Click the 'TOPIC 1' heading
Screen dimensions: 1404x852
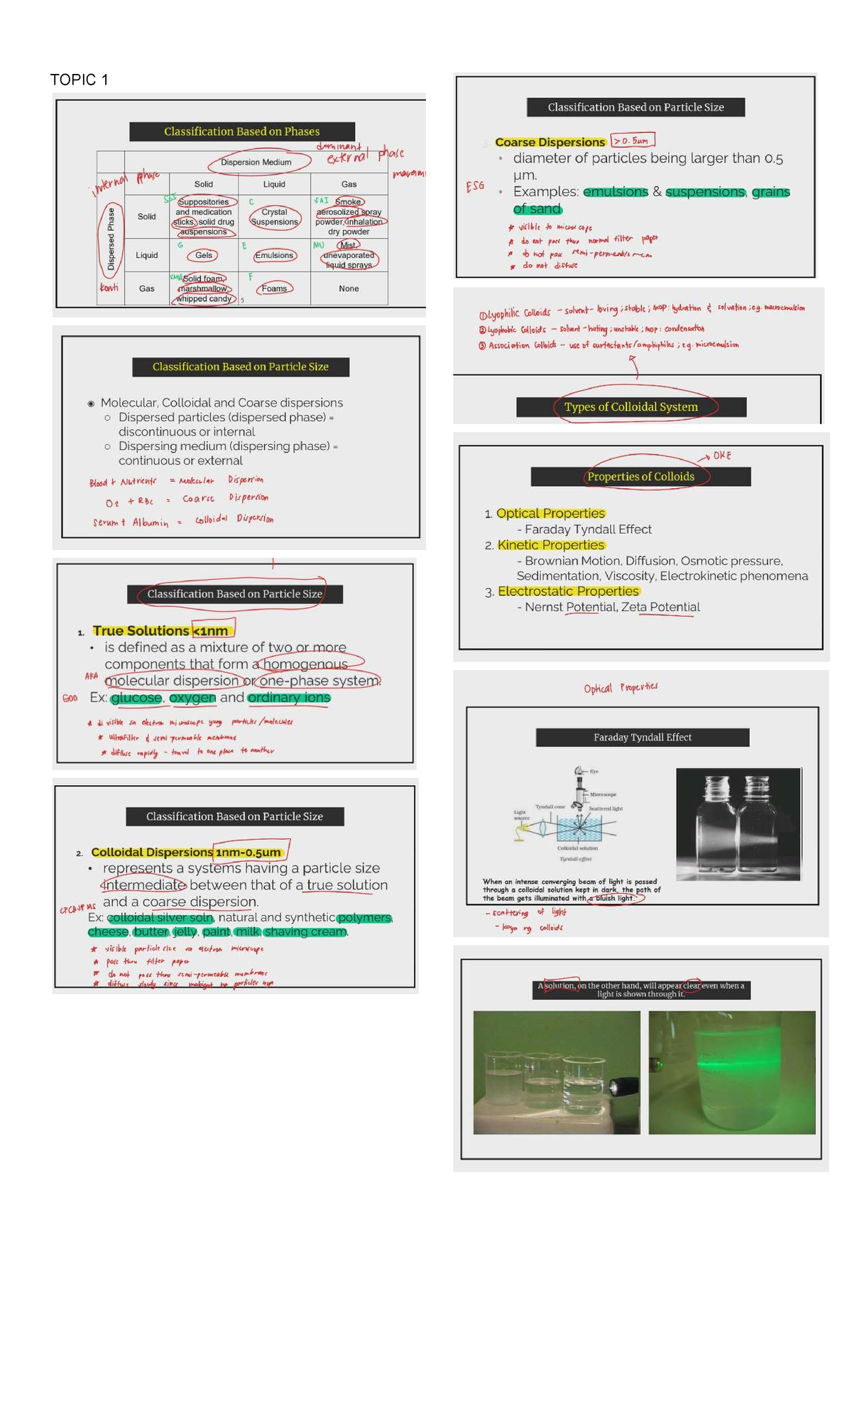tap(79, 80)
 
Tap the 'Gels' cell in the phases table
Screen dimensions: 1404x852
tap(204, 255)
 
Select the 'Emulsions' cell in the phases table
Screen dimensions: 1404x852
tap(274, 255)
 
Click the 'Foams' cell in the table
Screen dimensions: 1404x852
tap(274, 288)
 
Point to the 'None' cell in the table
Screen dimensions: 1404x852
tap(349, 288)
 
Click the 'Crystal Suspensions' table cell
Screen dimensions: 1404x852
tap(274, 217)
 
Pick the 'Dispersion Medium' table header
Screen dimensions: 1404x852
tap(256, 162)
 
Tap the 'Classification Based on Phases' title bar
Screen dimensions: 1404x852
tap(241, 131)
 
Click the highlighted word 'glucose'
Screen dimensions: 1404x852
tap(136, 698)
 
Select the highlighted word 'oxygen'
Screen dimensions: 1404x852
tap(192, 698)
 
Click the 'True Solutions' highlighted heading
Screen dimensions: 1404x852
tap(141, 631)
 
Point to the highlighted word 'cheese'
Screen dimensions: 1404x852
tap(108, 931)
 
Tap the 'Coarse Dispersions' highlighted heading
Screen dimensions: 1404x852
tap(550, 142)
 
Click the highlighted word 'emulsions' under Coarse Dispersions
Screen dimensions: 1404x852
tap(616, 192)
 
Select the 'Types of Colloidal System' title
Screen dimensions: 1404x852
tap(630, 407)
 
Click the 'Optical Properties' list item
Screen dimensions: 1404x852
tap(550, 513)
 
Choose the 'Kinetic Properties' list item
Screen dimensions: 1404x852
tap(550, 545)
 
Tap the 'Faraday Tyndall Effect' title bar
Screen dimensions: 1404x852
tap(642, 738)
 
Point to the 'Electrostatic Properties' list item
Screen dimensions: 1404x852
tap(568, 591)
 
